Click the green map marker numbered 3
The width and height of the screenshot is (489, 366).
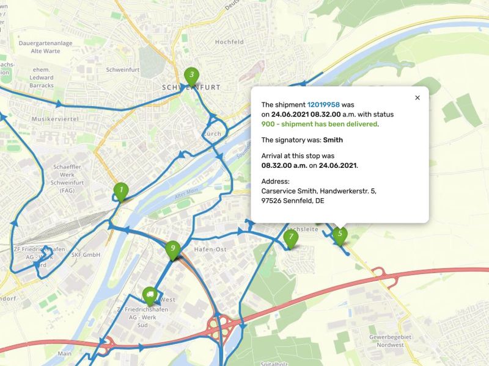coord(191,75)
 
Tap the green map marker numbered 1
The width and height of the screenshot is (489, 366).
coord(121,191)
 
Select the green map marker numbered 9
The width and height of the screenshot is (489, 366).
coord(173,249)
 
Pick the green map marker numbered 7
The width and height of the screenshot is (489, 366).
coord(291,237)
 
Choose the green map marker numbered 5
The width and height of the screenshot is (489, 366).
coord(340,234)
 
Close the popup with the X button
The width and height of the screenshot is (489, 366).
coord(417,98)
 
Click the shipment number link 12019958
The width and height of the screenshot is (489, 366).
coord(323,105)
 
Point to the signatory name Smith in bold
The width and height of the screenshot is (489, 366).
coord(333,140)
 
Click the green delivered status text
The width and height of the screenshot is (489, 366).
coord(320,124)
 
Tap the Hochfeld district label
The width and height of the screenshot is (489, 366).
coord(229,42)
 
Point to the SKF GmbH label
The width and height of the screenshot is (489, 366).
coord(86,254)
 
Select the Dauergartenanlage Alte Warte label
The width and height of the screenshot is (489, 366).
coord(46,48)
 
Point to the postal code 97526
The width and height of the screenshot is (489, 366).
coord(271,201)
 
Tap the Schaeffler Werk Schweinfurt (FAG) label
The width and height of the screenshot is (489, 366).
coord(68,178)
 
